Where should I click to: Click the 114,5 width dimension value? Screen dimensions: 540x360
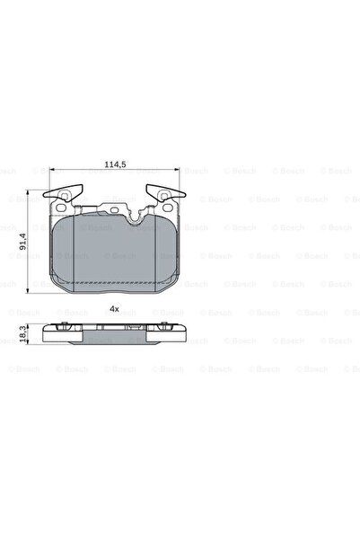pyautogui.click(x=112, y=164)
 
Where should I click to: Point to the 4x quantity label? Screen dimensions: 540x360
pyautogui.click(x=113, y=308)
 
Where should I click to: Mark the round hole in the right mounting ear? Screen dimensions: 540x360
pyautogui.click(x=164, y=195)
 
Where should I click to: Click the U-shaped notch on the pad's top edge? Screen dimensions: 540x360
pyautogui.click(x=136, y=217)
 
